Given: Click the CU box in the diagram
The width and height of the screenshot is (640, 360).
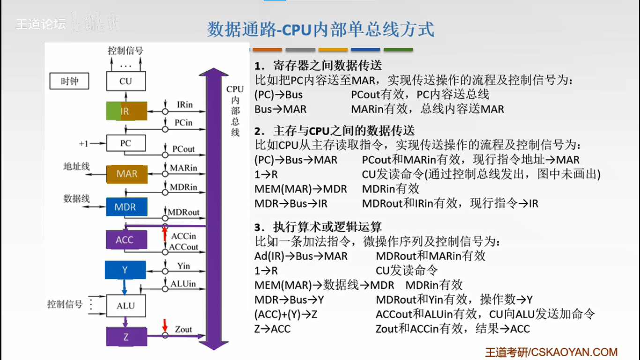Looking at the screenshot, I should pos(126,81).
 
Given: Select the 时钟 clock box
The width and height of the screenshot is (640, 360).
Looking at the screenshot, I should pos(70,81).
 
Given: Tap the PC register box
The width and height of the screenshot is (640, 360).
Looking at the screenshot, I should pos(126,143).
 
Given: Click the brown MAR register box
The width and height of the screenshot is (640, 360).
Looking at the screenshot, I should pos(127,174).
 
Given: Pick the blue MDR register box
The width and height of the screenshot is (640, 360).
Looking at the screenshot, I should pos(125,207).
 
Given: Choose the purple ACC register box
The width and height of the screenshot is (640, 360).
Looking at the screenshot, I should pos(125,240).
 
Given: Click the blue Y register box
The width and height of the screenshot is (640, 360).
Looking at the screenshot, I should pos(125,270).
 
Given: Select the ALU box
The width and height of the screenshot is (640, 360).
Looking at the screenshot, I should pos(126,306).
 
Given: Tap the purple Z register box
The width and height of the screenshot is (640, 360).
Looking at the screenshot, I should pos(126,337).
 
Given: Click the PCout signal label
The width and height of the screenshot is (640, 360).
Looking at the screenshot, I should pos(183,149).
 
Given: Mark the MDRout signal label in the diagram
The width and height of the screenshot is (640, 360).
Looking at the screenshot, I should pos(183,212).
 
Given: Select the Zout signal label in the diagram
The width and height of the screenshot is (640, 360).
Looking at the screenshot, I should pos(183,329).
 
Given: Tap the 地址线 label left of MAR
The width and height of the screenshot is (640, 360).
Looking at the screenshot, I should pos(76,166).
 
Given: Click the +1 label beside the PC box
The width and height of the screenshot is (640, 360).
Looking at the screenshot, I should pos(83,143).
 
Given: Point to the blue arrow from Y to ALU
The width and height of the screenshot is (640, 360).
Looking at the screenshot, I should pos(125,286).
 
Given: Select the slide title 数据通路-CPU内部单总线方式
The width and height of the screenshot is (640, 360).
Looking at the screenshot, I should pos(320,30).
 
